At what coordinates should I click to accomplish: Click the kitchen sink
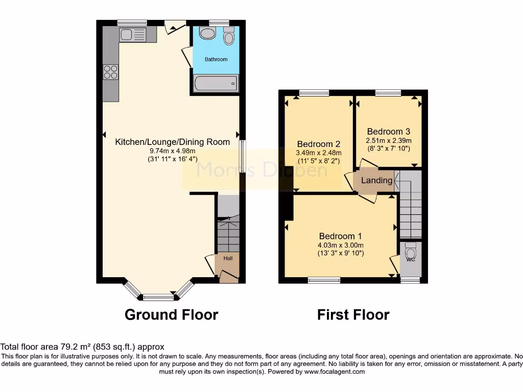(132, 35)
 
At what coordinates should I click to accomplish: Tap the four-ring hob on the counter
(111, 72)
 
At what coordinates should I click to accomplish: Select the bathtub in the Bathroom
(217, 83)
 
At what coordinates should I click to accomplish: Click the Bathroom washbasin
(207, 34)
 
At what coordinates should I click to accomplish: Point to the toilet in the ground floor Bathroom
(229, 36)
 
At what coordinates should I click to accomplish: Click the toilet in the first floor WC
(411, 252)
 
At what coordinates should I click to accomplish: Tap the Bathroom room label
(216, 60)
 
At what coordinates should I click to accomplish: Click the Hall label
(228, 259)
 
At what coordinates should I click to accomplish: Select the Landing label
(377, 181)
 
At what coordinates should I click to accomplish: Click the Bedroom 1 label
(340, 236)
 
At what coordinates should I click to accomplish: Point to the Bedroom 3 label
(388, 132)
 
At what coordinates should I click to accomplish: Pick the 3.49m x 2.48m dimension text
(319, 153)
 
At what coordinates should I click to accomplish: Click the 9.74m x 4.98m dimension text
(172, 151)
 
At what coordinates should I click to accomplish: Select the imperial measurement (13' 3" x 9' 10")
(340, 253)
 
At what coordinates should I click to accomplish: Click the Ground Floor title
(171, 315)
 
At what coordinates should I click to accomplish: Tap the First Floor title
(353, 315)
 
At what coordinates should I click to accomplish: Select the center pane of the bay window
(158, 296)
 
